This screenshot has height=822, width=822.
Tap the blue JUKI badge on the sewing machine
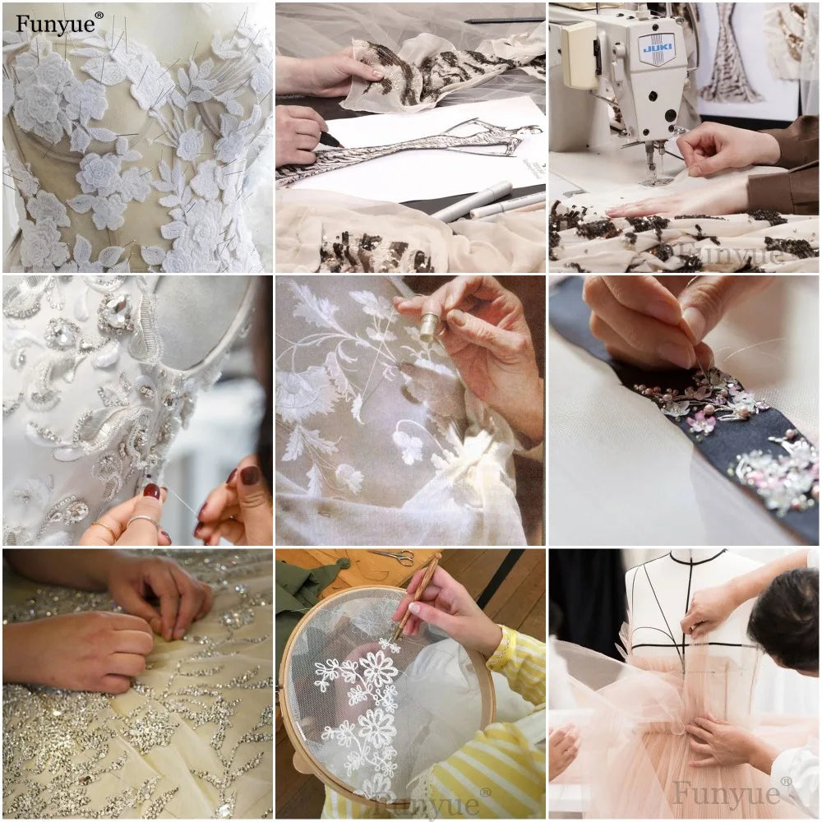tap(656, 48)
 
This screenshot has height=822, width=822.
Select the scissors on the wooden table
tap(393, 556)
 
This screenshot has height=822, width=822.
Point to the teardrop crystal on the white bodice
tap(115, 312)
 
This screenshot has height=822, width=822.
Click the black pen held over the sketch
tap(330, 140)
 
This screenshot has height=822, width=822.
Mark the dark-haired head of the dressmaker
tap(785, 616)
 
